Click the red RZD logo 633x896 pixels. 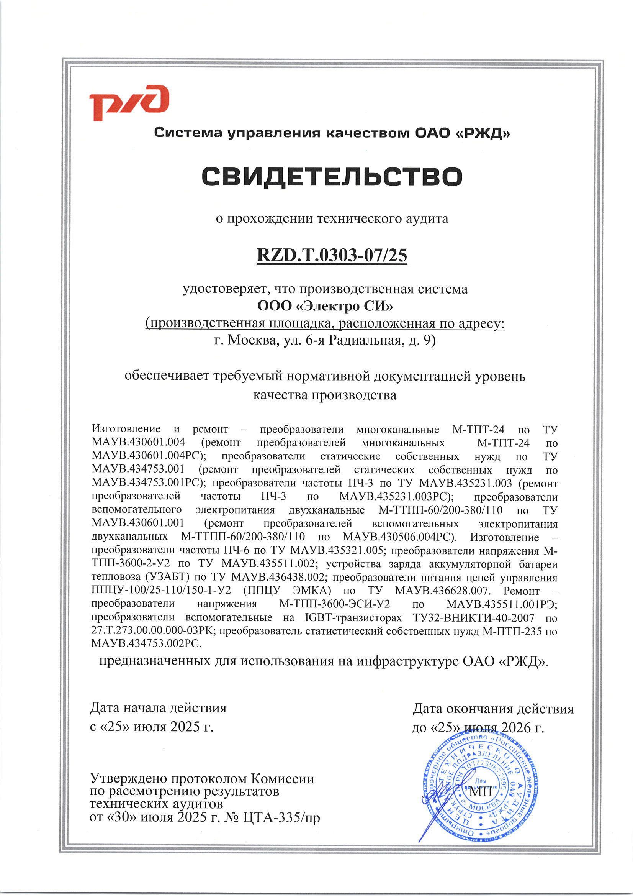tap(129, 103)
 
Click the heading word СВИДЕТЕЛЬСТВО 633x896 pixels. tap(332, 176)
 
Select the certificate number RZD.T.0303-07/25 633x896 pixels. tap(332, 255)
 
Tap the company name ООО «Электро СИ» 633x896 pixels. tap(325, 305)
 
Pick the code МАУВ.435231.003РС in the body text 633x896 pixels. tap(396, 496)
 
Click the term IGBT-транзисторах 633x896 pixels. tap(353, 618)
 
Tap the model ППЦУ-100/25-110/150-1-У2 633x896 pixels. tap(161, 591)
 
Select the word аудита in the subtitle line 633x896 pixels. tap(426, 218)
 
